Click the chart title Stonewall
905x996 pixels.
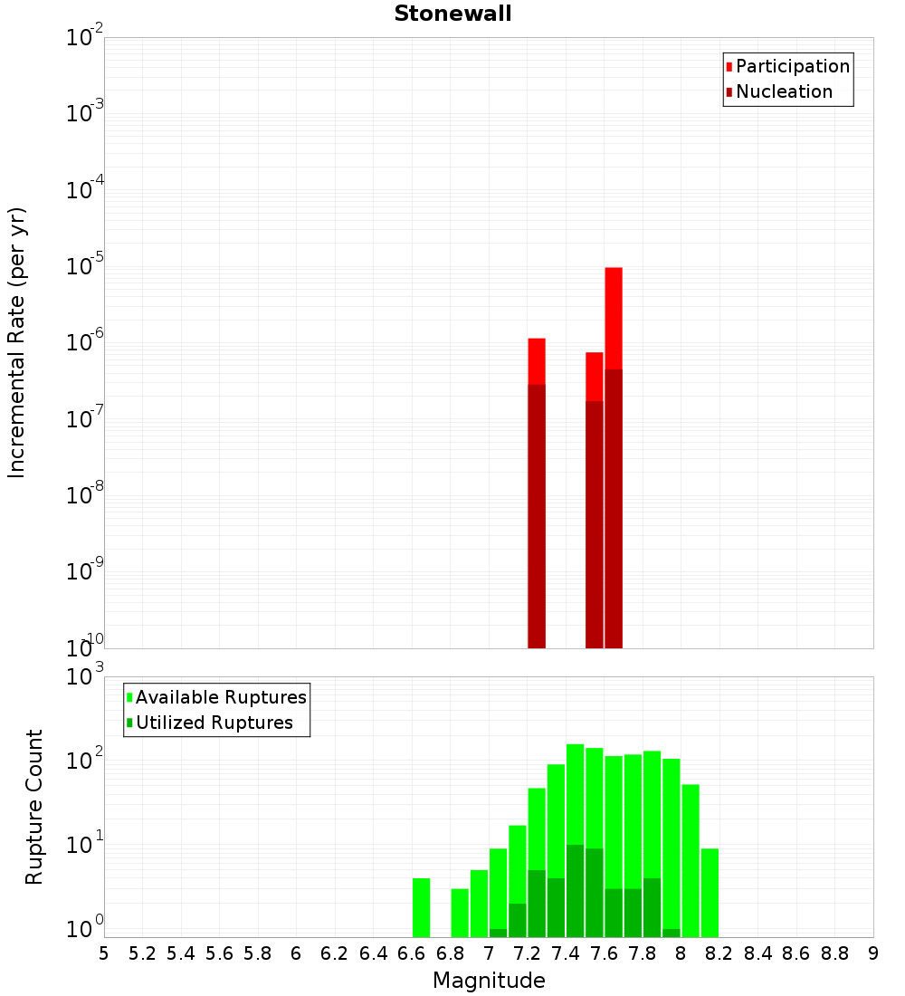(x=452, y=14)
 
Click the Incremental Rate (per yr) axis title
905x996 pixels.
(x=17, y=342)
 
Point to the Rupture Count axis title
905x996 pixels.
(x=34, y=807)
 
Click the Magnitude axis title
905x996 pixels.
(x=489, y=981)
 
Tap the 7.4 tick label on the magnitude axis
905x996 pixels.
(x=566, y=953)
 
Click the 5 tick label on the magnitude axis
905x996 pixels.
(x=104, y=953)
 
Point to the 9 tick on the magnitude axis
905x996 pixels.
(x=873, y=953)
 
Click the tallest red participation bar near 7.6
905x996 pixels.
(x=614, y=317)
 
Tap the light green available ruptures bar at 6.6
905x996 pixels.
(x=421, y=907)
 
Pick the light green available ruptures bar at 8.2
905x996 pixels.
(x=710, y=892)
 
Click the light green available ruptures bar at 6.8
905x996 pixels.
(x=460, y=913)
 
